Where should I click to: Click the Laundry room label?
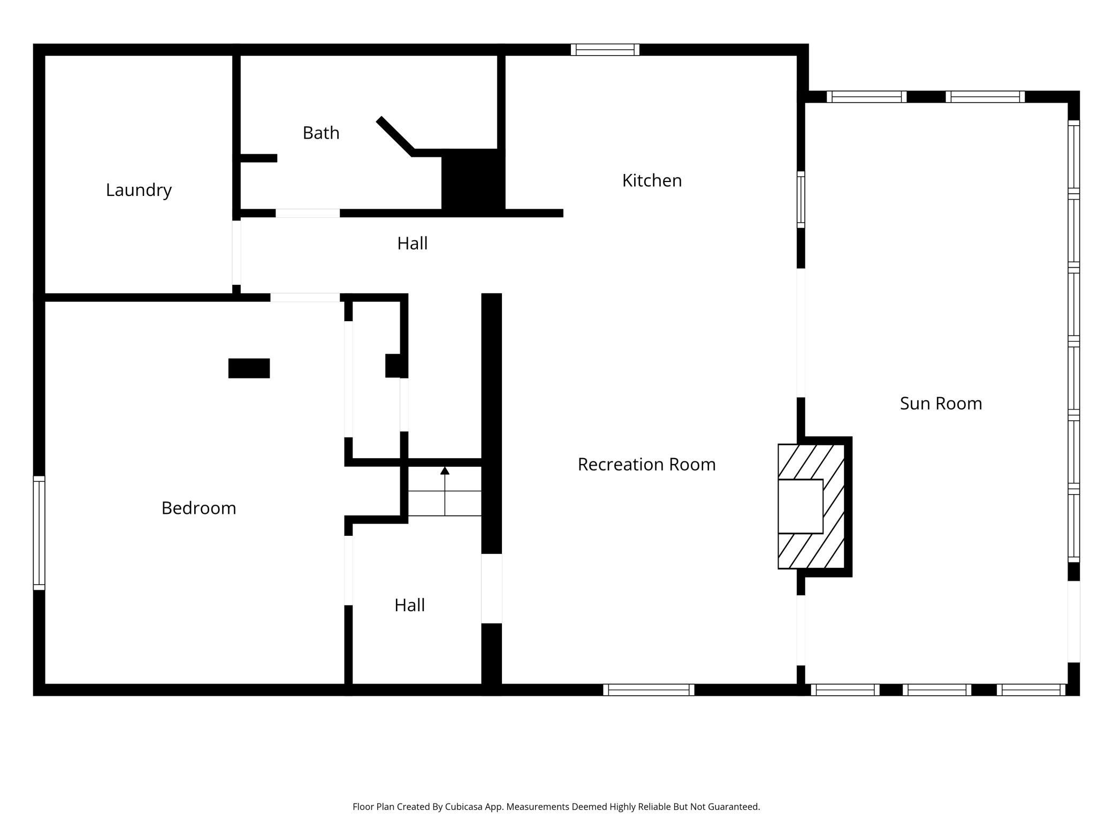coord(139,191)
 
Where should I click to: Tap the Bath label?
coord(321,133)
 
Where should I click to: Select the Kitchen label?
coord(652,181)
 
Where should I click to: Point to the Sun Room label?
coord(941,404)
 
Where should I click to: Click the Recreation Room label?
coord(646,465)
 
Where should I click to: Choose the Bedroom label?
coord(199,508)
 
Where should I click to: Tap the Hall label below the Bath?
coord(412,244)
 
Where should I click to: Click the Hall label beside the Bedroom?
coord(409,605)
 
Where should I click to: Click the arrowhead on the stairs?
coord(445,470)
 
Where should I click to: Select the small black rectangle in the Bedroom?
coord(249,368)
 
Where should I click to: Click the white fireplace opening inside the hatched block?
coord(800,506)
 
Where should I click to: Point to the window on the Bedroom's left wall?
coord(39,533)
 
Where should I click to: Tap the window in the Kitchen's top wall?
coord(605,50)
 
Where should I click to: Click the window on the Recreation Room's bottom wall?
coord(649,690)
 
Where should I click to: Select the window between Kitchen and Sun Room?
coord(801,200)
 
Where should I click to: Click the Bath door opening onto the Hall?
coord(308,213)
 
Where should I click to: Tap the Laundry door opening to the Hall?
coord(237,253)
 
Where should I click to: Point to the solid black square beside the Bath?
coord(473,183)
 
